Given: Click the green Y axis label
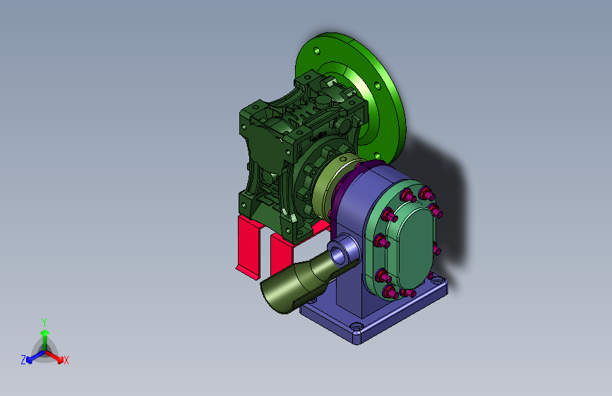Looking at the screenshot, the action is [44, 322].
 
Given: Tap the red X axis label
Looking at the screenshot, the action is [66, 361].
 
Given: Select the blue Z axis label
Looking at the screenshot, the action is [23, 360].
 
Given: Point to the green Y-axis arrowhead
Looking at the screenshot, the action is [44, 333].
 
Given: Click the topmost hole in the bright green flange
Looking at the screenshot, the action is [316, 50].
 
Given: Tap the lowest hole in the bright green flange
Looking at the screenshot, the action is [378, 156].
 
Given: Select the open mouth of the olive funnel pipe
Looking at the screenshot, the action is [276, 297].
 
